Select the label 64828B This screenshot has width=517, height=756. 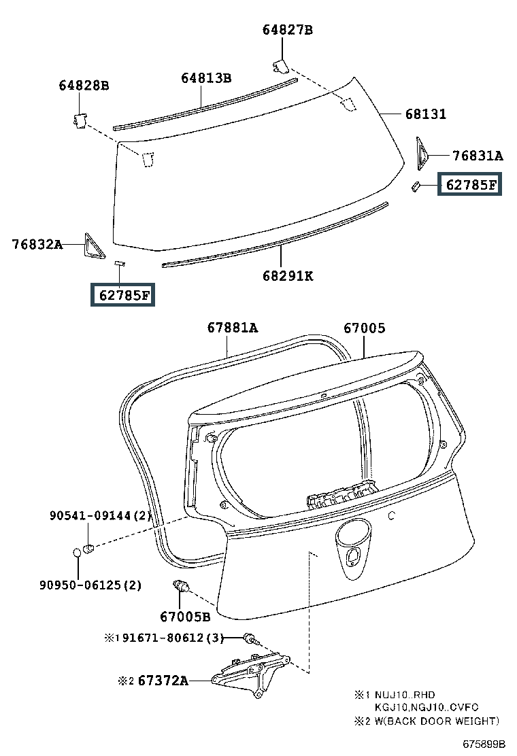pos(84,86)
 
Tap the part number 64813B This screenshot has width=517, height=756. pos(206,78)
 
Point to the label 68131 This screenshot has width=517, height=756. pos(426,114)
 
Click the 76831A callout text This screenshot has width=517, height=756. pos(478,156)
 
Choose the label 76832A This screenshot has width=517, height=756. pos(37,244)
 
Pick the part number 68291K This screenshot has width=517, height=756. pos(288,276)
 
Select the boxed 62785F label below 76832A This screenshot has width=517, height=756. pos(124,295)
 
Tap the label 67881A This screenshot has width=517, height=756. pos(233,328)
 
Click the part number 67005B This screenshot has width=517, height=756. pos(185,617)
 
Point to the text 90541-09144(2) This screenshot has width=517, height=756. pos(99,516)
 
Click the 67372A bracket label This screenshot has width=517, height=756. pos(163,680)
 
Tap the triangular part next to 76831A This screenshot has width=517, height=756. pos(421,154)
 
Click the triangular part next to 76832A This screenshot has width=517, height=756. pos(93,245)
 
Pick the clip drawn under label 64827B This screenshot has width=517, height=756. pos(281,65)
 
